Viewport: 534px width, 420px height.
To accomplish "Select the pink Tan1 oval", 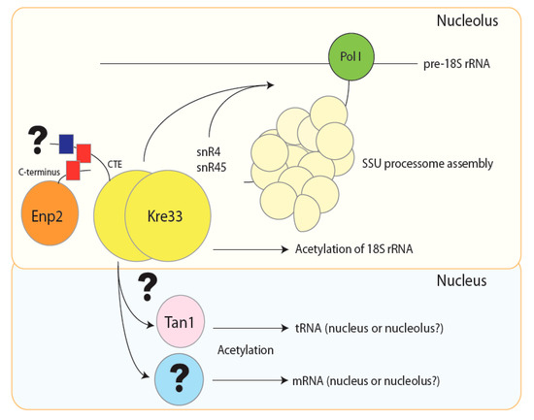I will click(x=177, y=328).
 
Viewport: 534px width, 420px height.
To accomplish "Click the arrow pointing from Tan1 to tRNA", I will click(x=243, y=328).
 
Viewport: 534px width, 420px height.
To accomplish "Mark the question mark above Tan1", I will click(x=149, y=286).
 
